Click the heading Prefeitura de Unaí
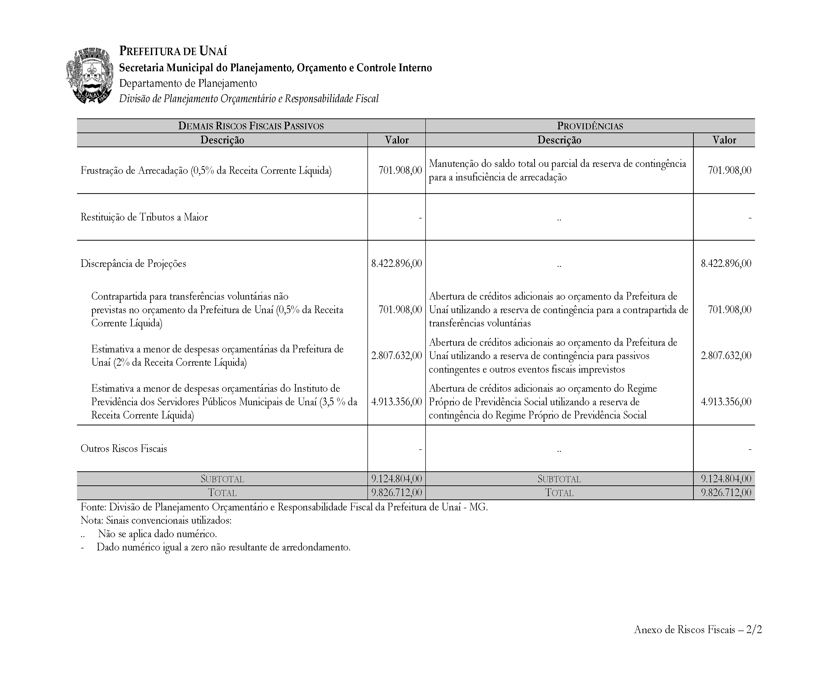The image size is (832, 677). coord(173,51)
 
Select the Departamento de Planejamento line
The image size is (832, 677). coord(188,83)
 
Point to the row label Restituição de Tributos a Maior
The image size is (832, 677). coord(144,217)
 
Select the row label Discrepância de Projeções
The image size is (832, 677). coord(133,264)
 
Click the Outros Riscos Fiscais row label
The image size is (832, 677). coord(123,448)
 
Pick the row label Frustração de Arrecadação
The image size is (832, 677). coord(206,170)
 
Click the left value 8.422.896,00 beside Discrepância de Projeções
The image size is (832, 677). coord(396,264)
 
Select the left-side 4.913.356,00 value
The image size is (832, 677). coord(396,402)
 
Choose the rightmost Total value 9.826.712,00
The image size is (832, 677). coord(726,493)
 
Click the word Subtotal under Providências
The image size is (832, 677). coord(559,479)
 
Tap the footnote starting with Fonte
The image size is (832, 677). coord(284,507)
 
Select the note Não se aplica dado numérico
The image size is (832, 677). coord(157,534)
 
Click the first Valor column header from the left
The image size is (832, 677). coord(396,140)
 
